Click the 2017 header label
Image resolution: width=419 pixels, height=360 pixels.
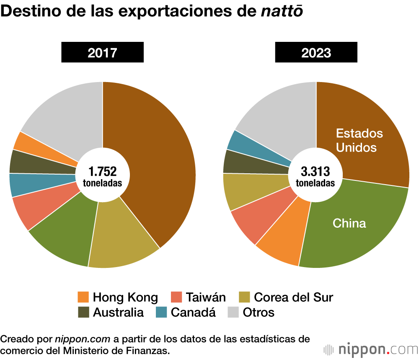pyautogui.click(x=102, y=53)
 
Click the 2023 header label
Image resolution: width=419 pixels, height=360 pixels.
pyautogui.click(x=316, y=53)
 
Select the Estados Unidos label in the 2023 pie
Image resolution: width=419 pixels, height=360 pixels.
pyautogui.click(x=360, y=140)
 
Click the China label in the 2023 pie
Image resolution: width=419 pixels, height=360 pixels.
pyautogui.click(x=349, y=223)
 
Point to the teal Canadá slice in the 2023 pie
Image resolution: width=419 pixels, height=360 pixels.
pyautogui.click(x=245, y=142)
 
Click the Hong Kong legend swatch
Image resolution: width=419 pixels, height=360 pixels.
pyautogui.click(x=83, y=298)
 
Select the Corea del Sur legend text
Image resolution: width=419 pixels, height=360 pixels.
pyautogui.click(x=293, y=298)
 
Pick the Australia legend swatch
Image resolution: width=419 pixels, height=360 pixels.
pyautogui.click(x=83, y=312)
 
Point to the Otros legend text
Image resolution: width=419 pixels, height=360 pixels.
pyautogui.click(x=259, y=312)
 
